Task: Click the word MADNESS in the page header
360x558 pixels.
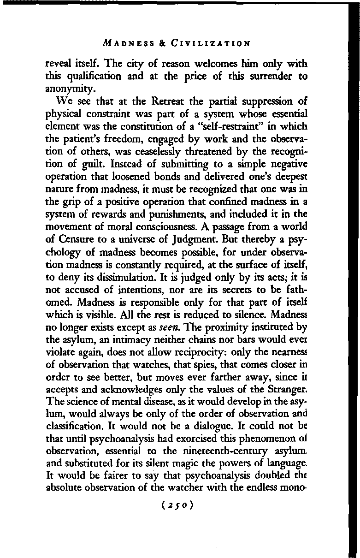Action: [126, 44]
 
